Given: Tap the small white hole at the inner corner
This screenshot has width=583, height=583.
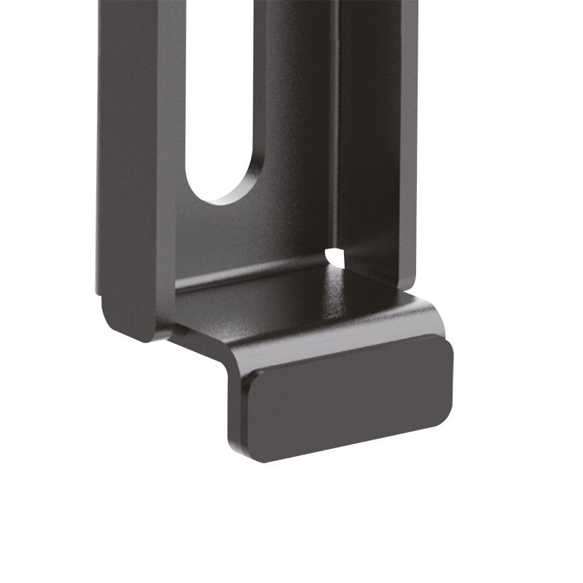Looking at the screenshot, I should coord(335,256).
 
